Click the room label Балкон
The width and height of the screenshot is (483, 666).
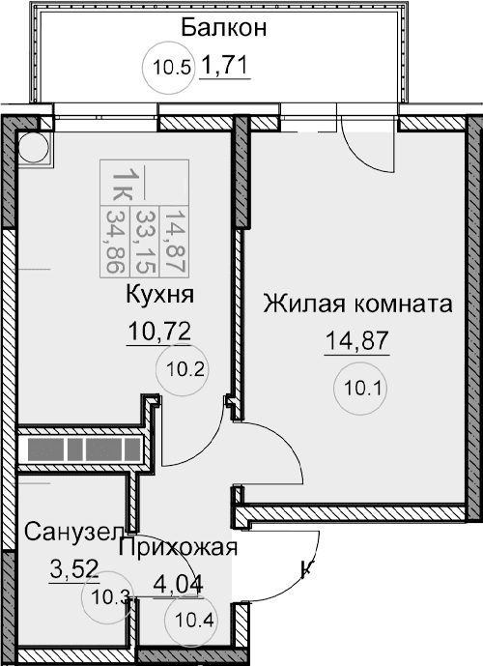point(223,26)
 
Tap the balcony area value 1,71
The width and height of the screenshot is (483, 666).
point(225,68)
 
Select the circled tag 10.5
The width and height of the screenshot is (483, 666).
point(174,67)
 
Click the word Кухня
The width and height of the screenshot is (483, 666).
point(161,293)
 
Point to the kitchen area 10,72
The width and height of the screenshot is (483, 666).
point(159,333)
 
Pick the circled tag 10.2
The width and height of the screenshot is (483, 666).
point(184,367)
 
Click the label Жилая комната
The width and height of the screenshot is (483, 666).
point(358,304)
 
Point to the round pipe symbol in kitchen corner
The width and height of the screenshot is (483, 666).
point(34,149)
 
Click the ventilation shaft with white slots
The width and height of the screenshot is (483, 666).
point(83,449)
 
